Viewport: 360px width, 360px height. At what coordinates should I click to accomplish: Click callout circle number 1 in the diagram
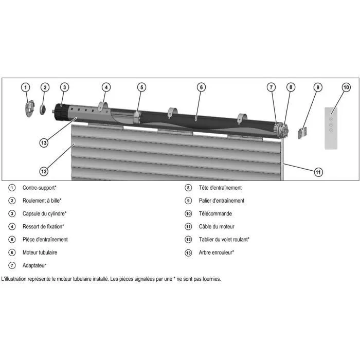pos(26,87)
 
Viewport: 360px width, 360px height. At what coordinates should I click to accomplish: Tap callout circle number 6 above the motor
pos(201,87)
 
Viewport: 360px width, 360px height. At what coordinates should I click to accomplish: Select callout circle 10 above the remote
pos(346,87)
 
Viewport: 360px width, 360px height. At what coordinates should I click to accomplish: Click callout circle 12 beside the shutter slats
pos(44,171)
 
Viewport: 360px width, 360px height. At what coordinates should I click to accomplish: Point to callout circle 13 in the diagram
pos(44,142)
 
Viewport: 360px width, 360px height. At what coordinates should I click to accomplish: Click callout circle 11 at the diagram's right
pos(318,172)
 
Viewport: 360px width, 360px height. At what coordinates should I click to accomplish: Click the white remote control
pos(332,128)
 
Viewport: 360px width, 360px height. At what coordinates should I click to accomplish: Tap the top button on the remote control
pos(332,118)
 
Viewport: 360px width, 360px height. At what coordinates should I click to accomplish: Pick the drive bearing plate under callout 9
pos(303,133)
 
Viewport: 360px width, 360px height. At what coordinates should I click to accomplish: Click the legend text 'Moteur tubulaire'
pos(40,253)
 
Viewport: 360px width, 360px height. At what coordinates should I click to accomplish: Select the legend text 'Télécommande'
pos(215,213)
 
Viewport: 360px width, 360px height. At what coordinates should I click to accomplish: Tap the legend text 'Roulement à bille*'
pos(42,201)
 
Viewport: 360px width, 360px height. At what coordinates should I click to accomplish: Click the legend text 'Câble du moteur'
pos(217,226)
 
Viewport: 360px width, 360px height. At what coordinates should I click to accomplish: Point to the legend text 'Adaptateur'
pos(34,265)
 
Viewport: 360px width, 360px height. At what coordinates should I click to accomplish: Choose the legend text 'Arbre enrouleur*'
pos(217,253)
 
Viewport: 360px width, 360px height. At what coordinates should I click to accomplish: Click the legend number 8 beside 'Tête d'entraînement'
pos(188,188)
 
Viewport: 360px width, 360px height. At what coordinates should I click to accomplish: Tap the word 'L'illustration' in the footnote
pos(15,279)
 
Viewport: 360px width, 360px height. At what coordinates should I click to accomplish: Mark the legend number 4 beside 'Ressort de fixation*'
pos(12,226)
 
